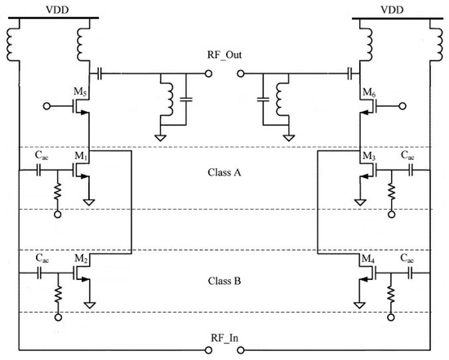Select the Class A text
point(224,173)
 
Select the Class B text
point(224,281)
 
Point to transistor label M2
point(79,259)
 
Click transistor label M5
point(79,91)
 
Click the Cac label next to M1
point(42,157)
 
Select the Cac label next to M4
point(406,259)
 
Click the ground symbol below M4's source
point(358,304)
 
